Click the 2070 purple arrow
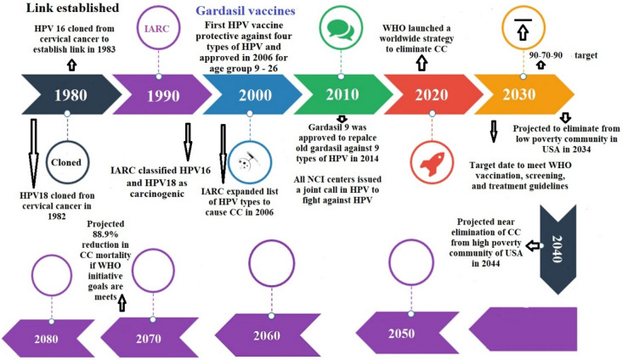(148, 337)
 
